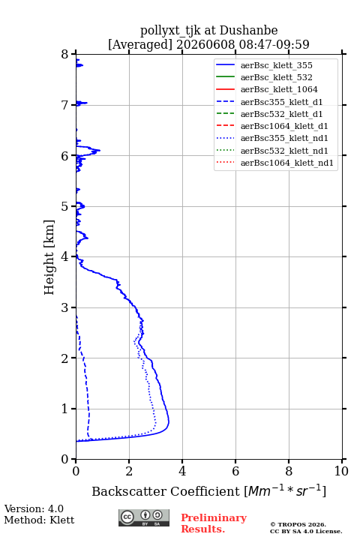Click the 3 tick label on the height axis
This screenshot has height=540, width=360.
[64, 307]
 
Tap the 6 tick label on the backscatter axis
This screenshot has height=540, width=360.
[235, 471]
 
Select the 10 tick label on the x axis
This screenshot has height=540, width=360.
[341, 471]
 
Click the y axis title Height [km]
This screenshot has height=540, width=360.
[49, 257]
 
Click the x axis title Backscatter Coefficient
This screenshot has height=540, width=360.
[165, 491]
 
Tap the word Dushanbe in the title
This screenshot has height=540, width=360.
[248, 30]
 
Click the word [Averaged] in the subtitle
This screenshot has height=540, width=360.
[139, 44]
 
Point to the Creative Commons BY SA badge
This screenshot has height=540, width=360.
[144, 517]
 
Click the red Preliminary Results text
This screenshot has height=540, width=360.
[214, 523]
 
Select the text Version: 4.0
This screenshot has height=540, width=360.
[34, 508]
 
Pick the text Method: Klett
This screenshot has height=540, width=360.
[39, 520]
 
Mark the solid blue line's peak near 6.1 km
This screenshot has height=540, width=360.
[100, 150]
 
